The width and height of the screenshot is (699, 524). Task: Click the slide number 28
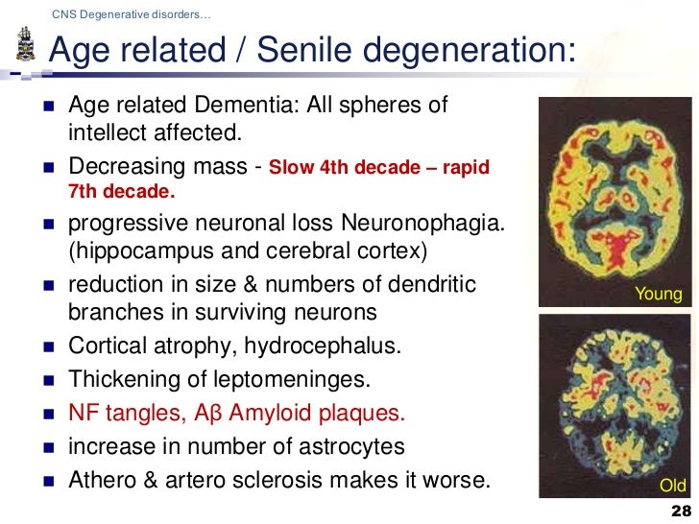click(x=680, y=511)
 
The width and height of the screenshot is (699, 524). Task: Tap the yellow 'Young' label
click(x=659, y=295)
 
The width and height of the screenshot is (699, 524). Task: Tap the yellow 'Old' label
click(x=671, y=485)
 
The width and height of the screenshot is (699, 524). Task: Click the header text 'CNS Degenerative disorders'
click(x=133, y=14)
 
